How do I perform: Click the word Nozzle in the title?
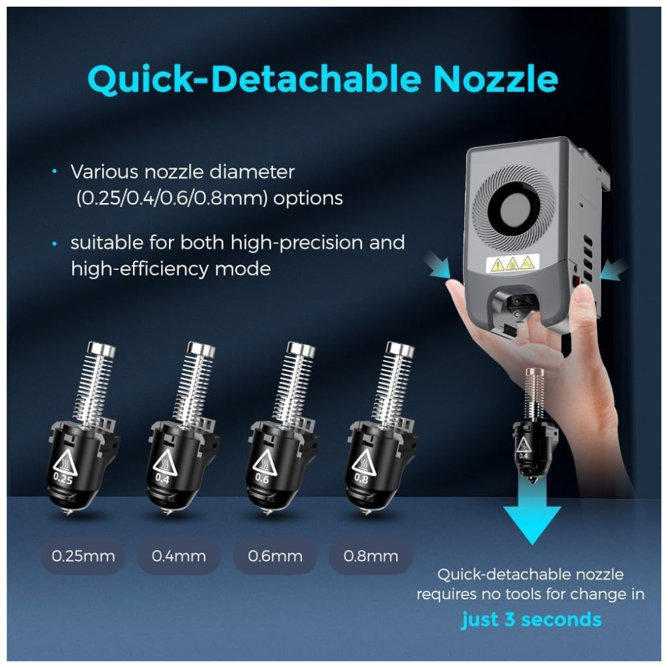496,79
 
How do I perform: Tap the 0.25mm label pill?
83,556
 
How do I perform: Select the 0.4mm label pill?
179,556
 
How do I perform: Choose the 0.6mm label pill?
275,556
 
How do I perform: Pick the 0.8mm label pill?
371,556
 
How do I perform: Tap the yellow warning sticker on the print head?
512,264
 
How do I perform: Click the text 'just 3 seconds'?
531,619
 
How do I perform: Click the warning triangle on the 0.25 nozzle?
65,462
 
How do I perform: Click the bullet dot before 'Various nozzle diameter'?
55,171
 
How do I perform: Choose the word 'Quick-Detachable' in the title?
255,80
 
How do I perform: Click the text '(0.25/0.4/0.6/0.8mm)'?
172,198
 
